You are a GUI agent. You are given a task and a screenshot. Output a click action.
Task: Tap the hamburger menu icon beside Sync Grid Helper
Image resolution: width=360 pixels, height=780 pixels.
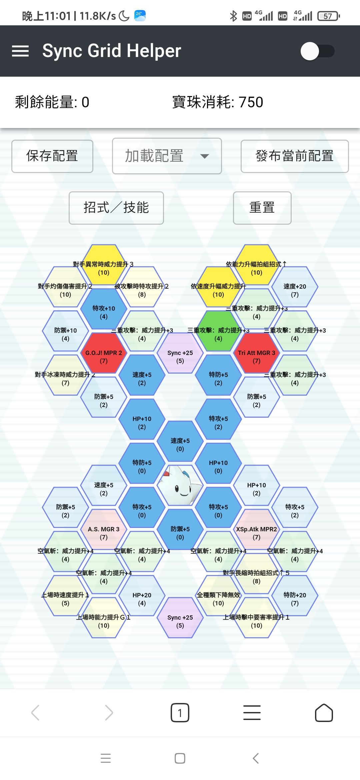pyautogui.click(x=20, y=51)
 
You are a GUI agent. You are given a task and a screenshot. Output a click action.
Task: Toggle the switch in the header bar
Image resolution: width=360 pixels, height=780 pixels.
pyautogui.click(x=317, y=51)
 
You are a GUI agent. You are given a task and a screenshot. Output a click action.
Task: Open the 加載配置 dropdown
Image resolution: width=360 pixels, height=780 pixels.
pyautogui.click(x=167, y=156)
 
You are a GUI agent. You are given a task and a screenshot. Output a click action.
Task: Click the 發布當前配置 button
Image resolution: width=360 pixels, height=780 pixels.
pyautogui.click(x=295, y=156)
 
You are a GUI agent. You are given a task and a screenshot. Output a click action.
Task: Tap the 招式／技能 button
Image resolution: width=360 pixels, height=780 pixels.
pyautogui.click(x=116, y=208)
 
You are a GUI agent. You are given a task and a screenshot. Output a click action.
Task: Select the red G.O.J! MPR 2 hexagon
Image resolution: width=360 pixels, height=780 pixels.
pyautogui.click(x=104, y=356)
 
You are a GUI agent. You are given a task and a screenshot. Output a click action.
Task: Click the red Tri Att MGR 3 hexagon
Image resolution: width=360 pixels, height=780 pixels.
pyautogui.click(x=256, y=356)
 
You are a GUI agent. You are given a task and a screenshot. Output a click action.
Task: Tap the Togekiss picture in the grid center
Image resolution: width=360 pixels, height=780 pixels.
pyautogui.click(x=180, y=485)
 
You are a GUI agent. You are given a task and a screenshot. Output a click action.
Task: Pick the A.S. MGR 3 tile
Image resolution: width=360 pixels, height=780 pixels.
pyautogui.click(x=104, y=533)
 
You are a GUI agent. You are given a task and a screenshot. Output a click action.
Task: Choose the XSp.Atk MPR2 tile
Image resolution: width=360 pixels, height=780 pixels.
pyautogui.click(x=256, y=533)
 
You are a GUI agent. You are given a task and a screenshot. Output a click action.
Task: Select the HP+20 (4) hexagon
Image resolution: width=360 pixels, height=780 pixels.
pyautogui.click(x=142, y=599)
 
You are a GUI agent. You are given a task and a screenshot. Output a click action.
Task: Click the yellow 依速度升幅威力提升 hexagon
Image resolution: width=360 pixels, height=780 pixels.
pyautogui.click(x=218, y=290)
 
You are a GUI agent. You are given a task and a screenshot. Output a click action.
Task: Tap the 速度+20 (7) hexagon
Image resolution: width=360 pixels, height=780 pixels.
pyautogui.click(x=295, y=290)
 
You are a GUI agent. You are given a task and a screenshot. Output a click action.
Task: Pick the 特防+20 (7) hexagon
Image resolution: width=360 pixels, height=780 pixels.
pyautogui.click(x=295, y=599)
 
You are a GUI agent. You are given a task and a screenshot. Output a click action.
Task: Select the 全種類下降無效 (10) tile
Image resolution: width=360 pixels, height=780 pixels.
pyautogui.click(x=218, y=599)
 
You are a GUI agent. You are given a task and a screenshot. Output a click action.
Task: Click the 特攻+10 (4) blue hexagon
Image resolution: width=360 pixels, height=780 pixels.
pyautogui.click(x=104, y=312)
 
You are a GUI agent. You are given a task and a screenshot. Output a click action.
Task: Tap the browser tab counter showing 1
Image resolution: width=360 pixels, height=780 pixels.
pyautogui.click(x=180, y=713)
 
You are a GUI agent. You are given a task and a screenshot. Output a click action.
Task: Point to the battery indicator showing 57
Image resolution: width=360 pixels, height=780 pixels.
pyautogui.click(x=329, y=16)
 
